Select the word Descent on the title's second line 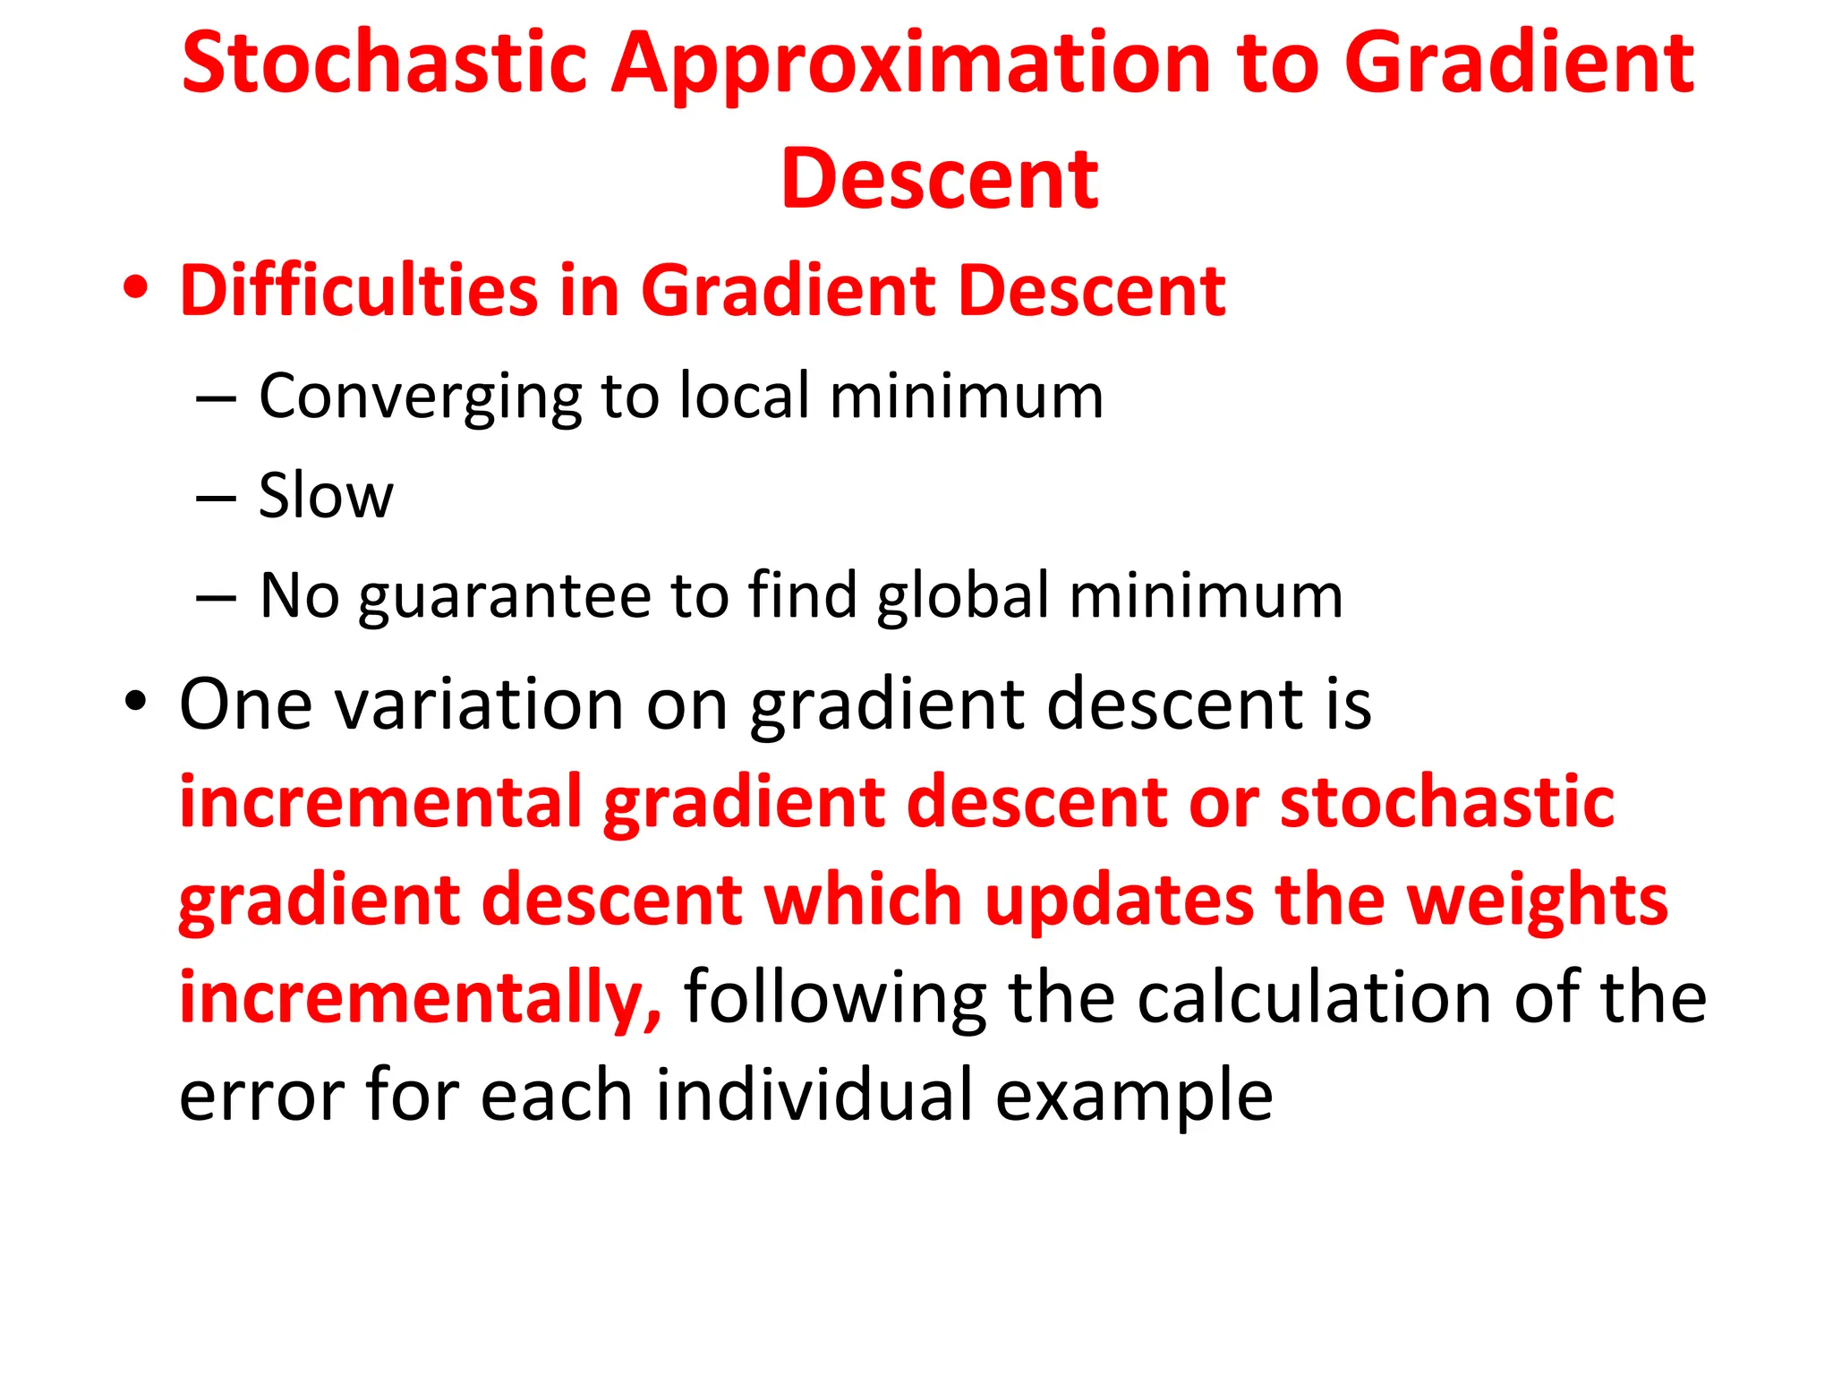coord(939,179)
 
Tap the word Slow coord(325,495)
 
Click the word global coord(961,595)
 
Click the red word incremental coord(380,801)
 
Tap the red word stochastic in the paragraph coord(1446,801)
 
